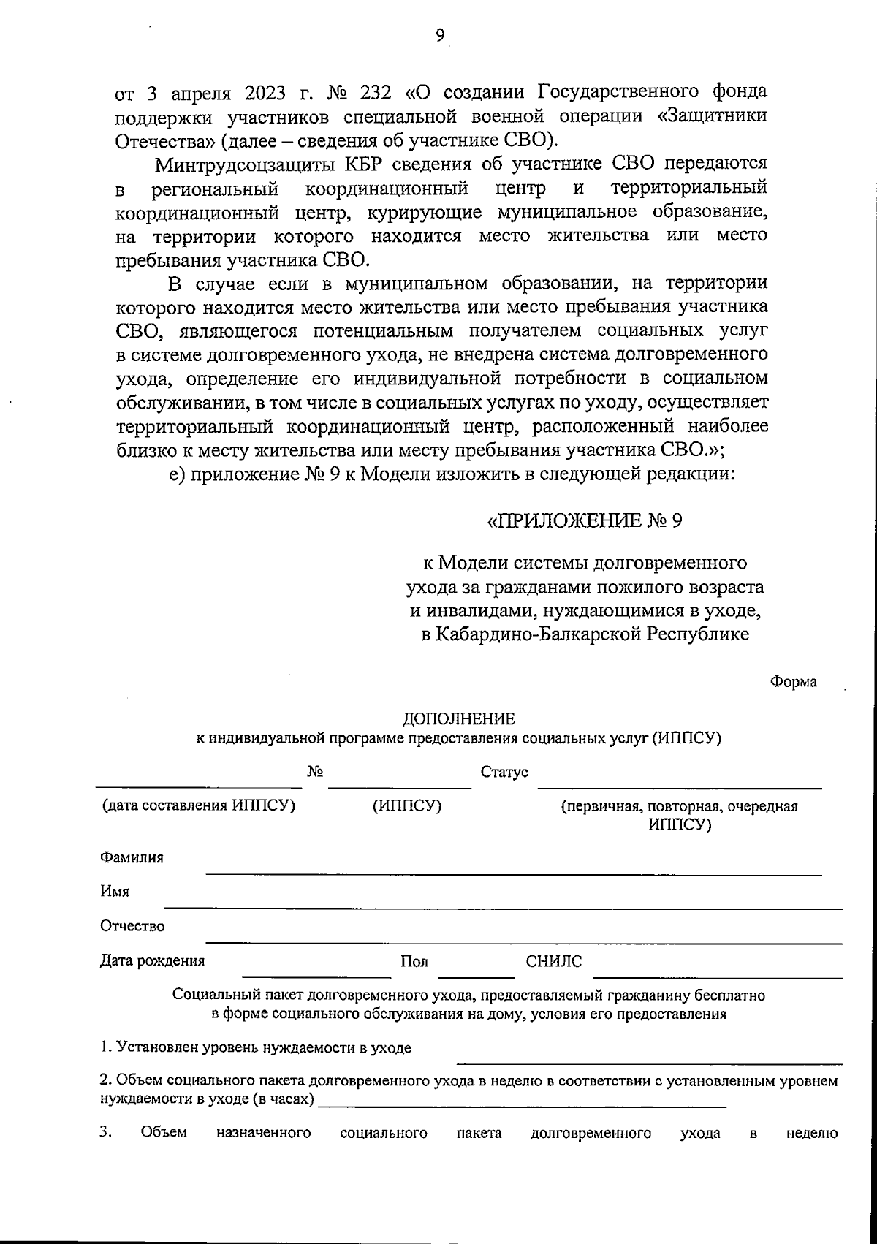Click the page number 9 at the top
[439, 34]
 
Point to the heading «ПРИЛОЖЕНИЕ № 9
[584, 520]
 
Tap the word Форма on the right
[793, 682]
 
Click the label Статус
[504, 772]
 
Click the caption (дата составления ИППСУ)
[198, 805]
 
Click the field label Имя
[115, 892]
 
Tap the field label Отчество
[132, 926]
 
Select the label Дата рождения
[152, 960]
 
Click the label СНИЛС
[554, 961]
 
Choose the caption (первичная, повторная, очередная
[679, 806]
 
